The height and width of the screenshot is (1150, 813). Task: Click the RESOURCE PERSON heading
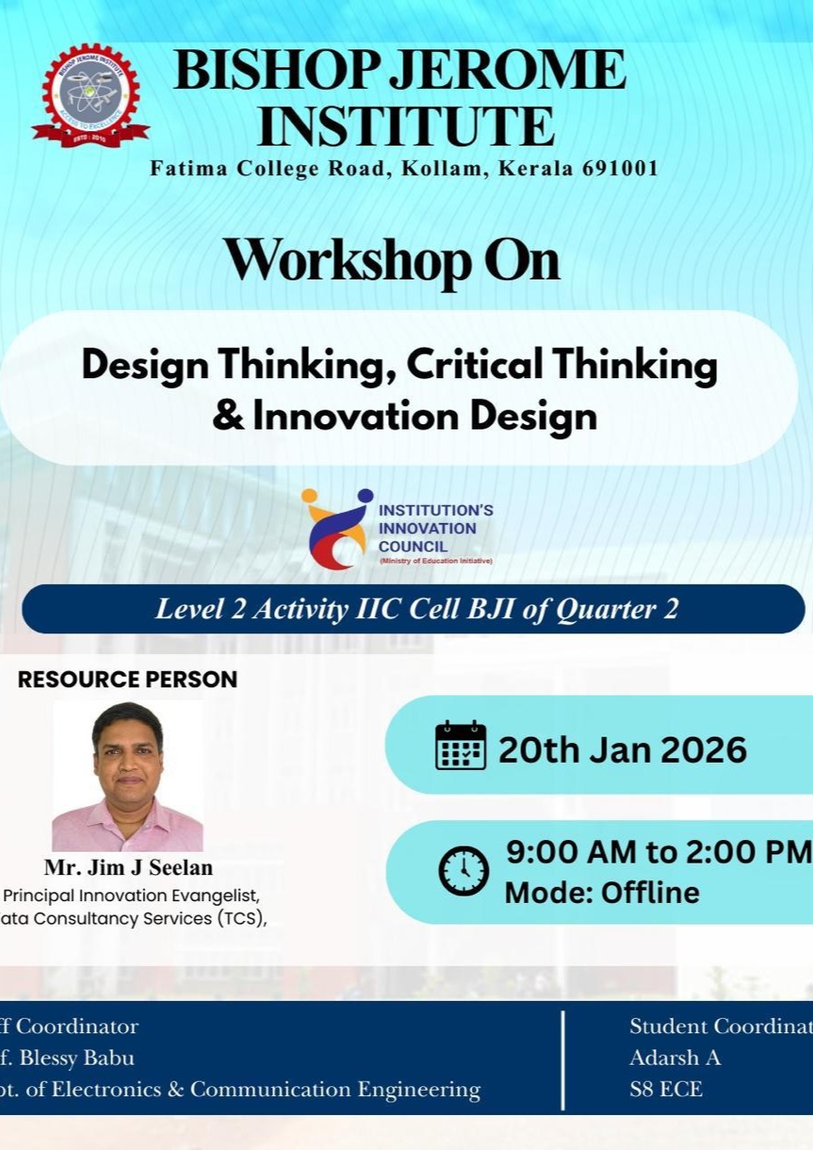(128, 679)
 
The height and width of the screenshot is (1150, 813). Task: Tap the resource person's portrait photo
(128, 775)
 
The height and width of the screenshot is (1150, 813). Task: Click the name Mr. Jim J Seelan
(128, 868)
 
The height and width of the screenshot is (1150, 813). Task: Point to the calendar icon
(461, 746)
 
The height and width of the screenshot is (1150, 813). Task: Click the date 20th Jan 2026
(623, 748)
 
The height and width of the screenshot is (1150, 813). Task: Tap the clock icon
(464, 871)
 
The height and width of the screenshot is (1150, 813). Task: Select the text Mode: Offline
(602, 893)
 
